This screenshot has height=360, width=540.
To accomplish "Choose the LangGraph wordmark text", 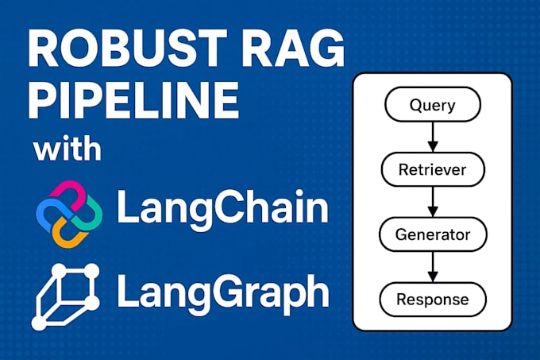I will click(222, 292).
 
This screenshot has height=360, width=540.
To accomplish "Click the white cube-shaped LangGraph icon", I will click(65, 296).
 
